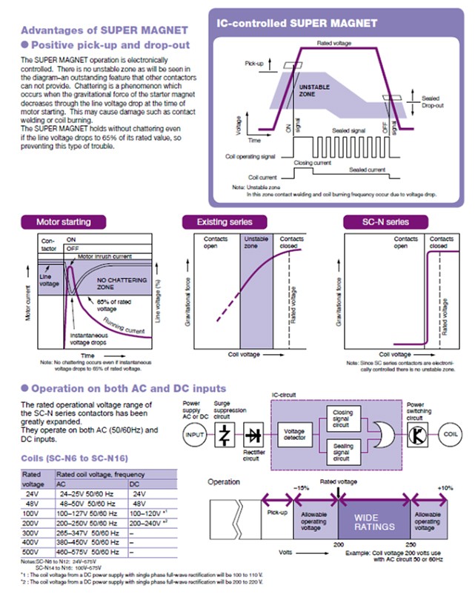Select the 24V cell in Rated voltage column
coord(31,494)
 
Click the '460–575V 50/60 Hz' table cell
coord(88,552)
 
